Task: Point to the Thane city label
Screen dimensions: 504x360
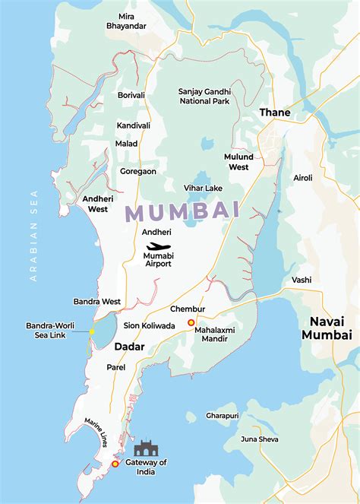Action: [275, 113]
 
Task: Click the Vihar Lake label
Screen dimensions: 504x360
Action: [203, 188]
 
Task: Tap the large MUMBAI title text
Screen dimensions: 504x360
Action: [182, 211]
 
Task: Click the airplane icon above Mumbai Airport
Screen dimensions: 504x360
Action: [159, 246]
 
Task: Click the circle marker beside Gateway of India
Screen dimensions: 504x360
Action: [115, 464]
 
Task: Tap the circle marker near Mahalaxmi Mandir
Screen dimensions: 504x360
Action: [191, 322]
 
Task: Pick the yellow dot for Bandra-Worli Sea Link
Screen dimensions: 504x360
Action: [92, 331]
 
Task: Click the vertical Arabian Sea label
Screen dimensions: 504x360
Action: [33, 236]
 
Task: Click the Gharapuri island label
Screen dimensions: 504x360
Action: [222, 416]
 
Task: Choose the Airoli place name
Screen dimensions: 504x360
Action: [303, 177]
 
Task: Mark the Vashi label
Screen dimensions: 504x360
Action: [302, 280]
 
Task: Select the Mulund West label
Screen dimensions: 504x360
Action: [237, 162]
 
